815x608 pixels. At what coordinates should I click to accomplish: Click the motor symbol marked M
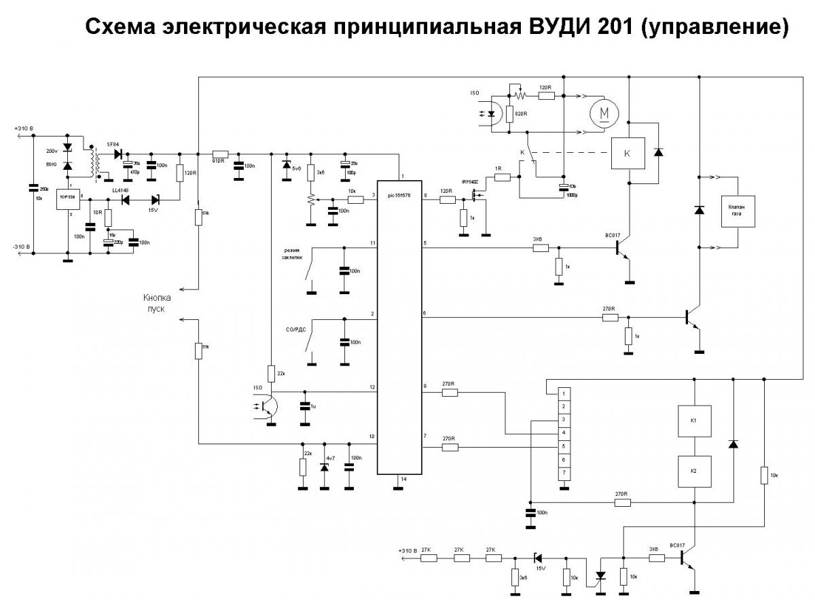coord(602,113)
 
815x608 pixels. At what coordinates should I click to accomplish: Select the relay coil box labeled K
coord(626,154)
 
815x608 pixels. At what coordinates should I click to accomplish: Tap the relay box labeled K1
coord(694,421)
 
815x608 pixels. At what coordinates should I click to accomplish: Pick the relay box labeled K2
coord(694,471)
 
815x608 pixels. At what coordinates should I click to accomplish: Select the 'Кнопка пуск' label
coord(157,302)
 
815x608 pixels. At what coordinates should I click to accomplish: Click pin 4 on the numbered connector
coord(563,433)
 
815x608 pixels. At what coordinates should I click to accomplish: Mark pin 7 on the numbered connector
coord(563,472)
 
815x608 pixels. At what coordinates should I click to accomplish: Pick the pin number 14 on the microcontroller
coord(403,480)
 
